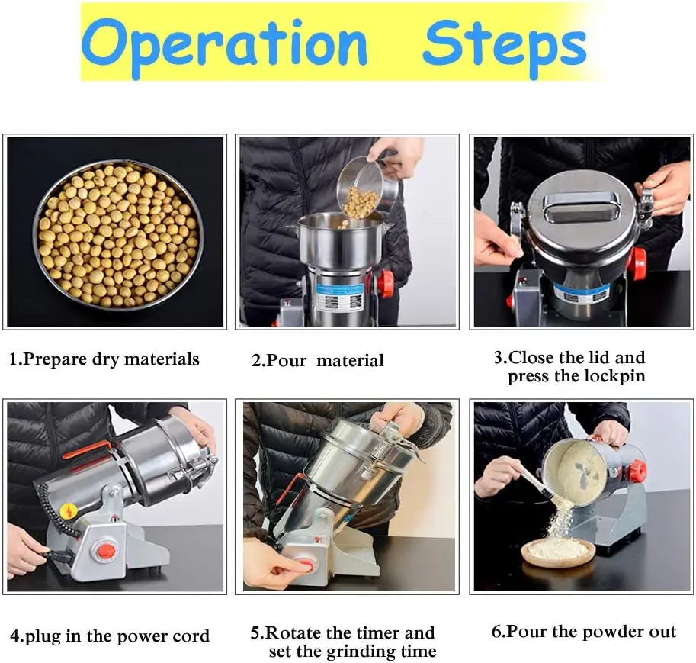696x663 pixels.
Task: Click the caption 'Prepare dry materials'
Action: click(x=104, y=359)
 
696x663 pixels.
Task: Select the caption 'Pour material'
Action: click(x=318, y=360)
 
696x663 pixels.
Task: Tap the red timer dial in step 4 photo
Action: click(x=107, y=550)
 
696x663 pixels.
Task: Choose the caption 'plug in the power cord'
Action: click(x=110, y=635)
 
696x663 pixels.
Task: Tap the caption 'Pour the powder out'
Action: click(x=584, y=632)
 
